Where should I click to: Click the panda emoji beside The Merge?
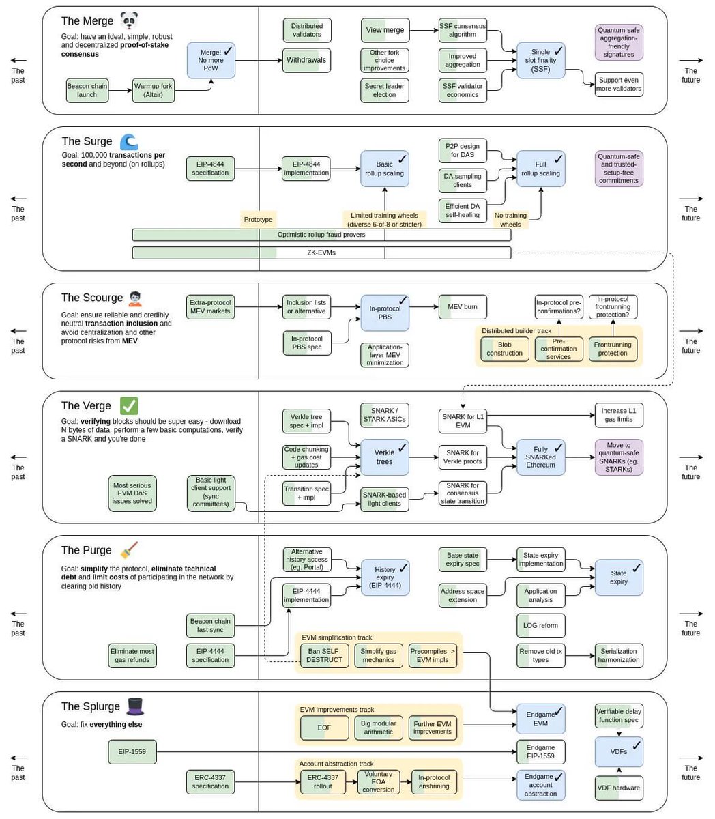pos(128,20)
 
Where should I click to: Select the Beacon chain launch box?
pos(87,90)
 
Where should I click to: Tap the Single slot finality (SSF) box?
pos(540,60)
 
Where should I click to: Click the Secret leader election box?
pos(384,90)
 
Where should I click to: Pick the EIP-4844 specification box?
pos(210,168)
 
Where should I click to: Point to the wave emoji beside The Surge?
pos(129,141)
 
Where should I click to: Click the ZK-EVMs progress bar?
pos(321,253)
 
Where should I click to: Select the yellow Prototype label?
pos(258,219)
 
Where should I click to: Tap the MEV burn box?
pos(462,307)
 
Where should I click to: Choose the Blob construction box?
pos(504,349)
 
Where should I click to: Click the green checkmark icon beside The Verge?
pos(129,406)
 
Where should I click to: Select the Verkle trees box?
pos(384,457)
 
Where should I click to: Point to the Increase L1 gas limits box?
pos(618,415)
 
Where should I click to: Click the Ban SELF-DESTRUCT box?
pos(324,655)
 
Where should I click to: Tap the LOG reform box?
pos(540,625)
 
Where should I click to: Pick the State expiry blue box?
pos(619,577)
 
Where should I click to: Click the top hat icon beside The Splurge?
pos(135,706)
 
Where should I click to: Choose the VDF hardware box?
pos(618,788)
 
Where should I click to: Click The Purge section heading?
pos(86,550)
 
